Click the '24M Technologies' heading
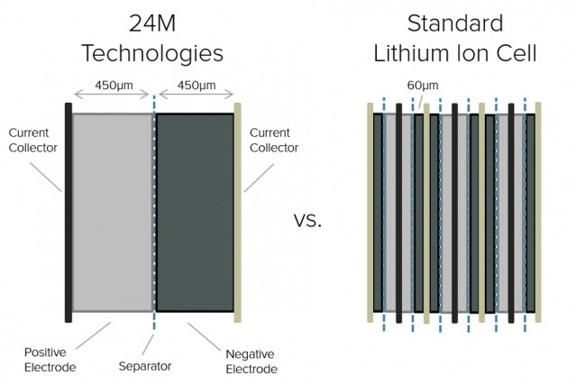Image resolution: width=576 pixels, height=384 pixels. coord(152,39)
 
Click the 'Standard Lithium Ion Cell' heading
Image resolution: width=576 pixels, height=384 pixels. coord(455,39)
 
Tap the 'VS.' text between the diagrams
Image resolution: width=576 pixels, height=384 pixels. coord(308,221)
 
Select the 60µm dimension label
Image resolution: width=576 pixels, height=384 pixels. coord(423,86)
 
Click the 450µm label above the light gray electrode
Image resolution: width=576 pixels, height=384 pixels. coord(114,86)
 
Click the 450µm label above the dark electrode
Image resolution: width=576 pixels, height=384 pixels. coord(197,86)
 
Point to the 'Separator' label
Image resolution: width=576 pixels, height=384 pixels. coord(145,366)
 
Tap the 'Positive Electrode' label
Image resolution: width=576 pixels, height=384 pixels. coord(50,360)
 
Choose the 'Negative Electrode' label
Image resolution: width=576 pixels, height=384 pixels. coord(251,361)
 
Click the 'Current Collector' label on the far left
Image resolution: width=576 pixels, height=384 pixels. coord(33,140)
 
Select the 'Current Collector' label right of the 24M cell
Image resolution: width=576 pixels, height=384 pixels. coord(274,140)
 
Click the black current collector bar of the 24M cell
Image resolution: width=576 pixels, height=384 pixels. coord(69,213)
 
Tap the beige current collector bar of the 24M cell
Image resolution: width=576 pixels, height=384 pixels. coord(238,213)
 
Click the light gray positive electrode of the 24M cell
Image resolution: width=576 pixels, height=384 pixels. coord(113,213)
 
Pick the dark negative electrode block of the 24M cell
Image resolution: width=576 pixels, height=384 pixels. coord(195,213)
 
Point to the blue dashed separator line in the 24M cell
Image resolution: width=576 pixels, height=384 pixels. coord(154,213)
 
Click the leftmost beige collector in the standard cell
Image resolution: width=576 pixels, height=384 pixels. coord(370,213)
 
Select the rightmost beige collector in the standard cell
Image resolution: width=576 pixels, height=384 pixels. coord(538,213)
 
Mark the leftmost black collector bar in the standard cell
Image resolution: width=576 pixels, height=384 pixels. coord(399,214)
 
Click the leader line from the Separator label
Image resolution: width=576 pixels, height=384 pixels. coord(148,344)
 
